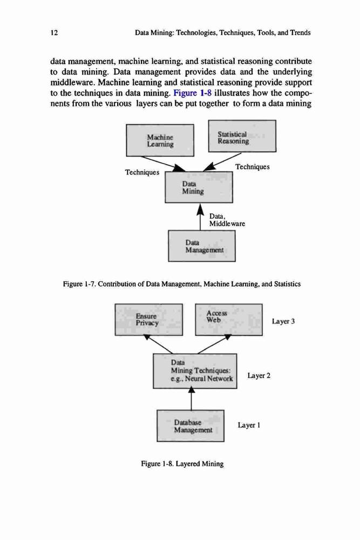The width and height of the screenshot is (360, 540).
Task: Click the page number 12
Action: pos(54,33)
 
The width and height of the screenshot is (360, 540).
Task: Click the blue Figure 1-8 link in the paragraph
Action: pos(192,93)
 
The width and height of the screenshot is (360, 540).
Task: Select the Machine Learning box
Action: pos(160,140)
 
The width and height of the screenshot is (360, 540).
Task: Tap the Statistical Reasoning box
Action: pos(242,136)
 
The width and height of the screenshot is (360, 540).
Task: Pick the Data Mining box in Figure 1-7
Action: pos(199,187)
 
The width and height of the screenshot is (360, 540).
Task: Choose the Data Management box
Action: pos(202,246)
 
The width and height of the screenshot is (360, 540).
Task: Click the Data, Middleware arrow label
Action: pos(227,220)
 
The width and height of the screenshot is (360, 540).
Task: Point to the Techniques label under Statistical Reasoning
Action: pos(252,167)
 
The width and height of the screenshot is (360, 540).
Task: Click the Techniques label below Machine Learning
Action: pos(142,172)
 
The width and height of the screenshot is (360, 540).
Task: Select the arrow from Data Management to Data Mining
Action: pos(200,217)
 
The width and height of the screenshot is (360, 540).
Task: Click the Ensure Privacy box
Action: pos(148,320)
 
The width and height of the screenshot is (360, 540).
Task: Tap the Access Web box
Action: pos(229,320)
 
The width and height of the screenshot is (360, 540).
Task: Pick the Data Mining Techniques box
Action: pos(195,371)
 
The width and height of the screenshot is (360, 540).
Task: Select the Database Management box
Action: pos(191,426)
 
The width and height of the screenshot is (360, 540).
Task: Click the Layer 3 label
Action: pos(283,321)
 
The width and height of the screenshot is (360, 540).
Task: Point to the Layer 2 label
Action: pos(259,375)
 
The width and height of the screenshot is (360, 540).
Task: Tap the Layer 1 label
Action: pos(249,426)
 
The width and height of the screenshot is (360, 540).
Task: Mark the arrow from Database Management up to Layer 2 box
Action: pos(192,399)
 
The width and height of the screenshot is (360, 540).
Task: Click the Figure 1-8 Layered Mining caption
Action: pos(182,464)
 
